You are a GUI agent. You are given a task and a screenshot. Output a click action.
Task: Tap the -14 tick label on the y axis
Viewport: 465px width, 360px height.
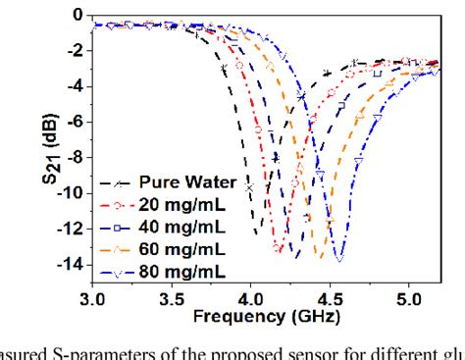click(69, 263)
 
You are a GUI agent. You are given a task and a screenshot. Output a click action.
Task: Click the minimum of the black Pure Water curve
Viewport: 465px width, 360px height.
click(257, 233)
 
